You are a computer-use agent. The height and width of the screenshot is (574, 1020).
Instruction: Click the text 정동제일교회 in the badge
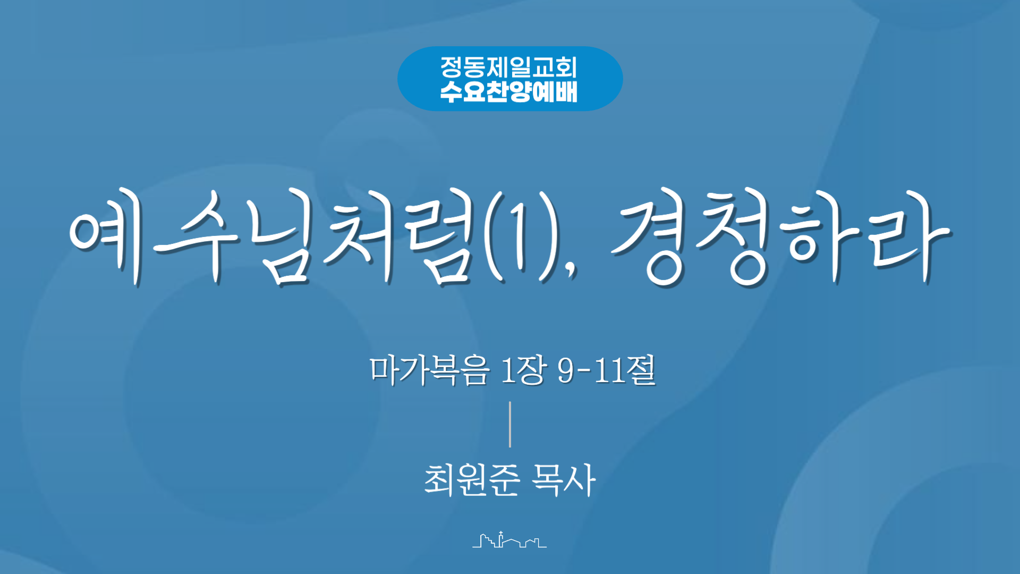(508, 67)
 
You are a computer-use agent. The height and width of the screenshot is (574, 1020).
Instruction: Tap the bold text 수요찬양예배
(508, 91)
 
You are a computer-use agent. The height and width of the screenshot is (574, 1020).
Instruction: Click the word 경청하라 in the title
(780, 237)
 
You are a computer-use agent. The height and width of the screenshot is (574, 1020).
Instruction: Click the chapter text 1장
(523, 370)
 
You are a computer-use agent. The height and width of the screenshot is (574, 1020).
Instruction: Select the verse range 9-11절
(607, 370)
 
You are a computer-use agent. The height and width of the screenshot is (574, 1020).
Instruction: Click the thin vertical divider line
(510, 424)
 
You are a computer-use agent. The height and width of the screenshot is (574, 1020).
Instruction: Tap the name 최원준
(472, 480)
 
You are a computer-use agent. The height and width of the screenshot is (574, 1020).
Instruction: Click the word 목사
(564, 480)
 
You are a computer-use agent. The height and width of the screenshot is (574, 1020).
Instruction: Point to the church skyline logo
(509, 539)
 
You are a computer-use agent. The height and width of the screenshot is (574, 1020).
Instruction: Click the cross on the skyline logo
(500, 534)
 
